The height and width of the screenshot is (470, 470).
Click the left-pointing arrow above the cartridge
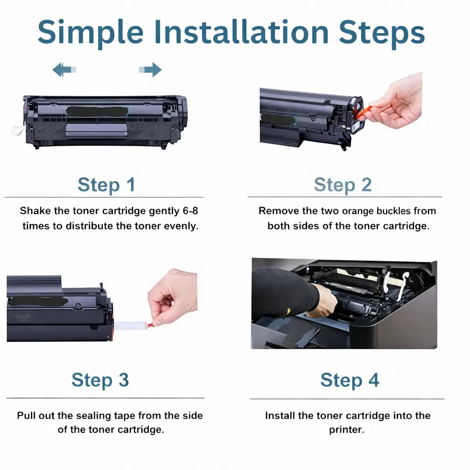(x=64, y=70)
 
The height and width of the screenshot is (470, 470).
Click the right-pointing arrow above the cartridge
(x=151, y=70)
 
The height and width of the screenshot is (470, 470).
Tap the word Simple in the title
(x=90, y=32)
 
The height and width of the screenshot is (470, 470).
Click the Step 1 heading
(x=106, y=185)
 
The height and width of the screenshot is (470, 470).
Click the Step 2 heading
(x=343, y=185)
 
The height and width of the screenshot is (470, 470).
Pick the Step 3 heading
(x=100, y=380)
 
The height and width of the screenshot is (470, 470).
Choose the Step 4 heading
(x=350, y=380)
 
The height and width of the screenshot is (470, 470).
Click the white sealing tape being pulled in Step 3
(x=130, y=326)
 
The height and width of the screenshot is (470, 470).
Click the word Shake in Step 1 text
(x=33, y=211)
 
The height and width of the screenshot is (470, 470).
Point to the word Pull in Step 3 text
(x=27, y=416)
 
